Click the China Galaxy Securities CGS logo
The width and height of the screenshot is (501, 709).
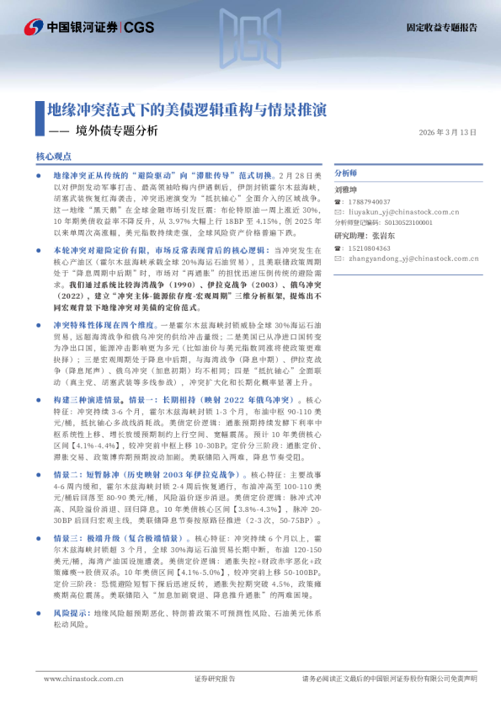pyautogui.click(x=88, y=28)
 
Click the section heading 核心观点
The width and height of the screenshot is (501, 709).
pyautogui.click(x=56, y=157)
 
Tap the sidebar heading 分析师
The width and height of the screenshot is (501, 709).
pyautogui.click(x=346, y=172)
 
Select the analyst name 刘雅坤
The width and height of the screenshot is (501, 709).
pyautogui.click(x=347, y=190)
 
